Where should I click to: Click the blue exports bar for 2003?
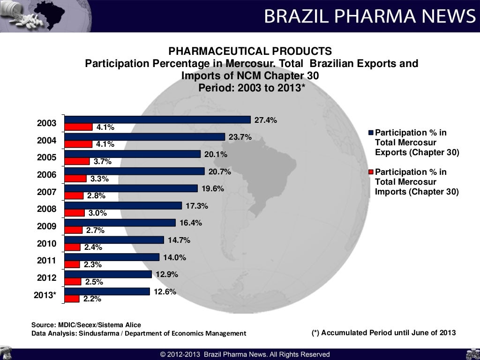pyautogui.click(x=157, y=120)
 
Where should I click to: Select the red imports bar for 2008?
pyautogui.click(x=75, y=213)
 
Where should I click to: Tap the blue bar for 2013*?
pyautogui.click(x=107, y=292)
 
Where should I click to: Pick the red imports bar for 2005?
pyautogui.click(x=77, y=161)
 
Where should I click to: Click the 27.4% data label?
pyautogui.click(x=266, y=120)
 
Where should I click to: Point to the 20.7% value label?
pyautogui.click(x=220, y=172)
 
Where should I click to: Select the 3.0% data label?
pyautogui.click(x=97, y=213)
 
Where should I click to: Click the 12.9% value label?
pyautogui.click(x=167, y=274)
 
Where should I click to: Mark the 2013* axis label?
pyautogui.click(x=45, y=295)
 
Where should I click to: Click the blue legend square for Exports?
pyautogui.click(x=371, y=133)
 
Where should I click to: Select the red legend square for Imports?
pyautogui.click(x=371, y=172)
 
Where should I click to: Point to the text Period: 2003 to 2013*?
pyautogui.click(x=252, y=88)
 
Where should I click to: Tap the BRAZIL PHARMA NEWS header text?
pyautogui.click(x=369, y=16)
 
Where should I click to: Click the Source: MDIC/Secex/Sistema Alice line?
pyautogui.click(x=86, y=324)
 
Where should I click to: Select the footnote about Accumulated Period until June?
pyautogui.click(x=383, y=333)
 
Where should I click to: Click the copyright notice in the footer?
pyautogui.click(x=245, y=354)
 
